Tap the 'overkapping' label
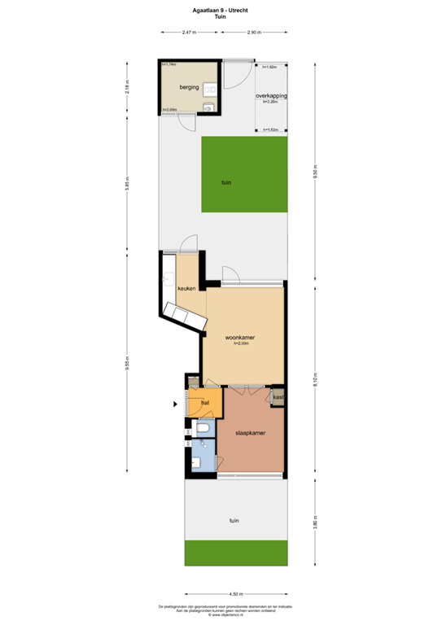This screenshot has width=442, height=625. point(271,96)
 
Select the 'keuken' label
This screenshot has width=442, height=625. point(177,288)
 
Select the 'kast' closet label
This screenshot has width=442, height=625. point(278,397)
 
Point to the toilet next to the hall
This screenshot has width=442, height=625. point(203,428)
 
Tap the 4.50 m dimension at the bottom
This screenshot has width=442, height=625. point(235,593)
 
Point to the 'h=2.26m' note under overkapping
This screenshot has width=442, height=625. point(271,103)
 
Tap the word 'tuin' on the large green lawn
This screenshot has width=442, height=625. point(226,183)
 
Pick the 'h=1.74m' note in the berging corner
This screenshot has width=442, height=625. point(169,64)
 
